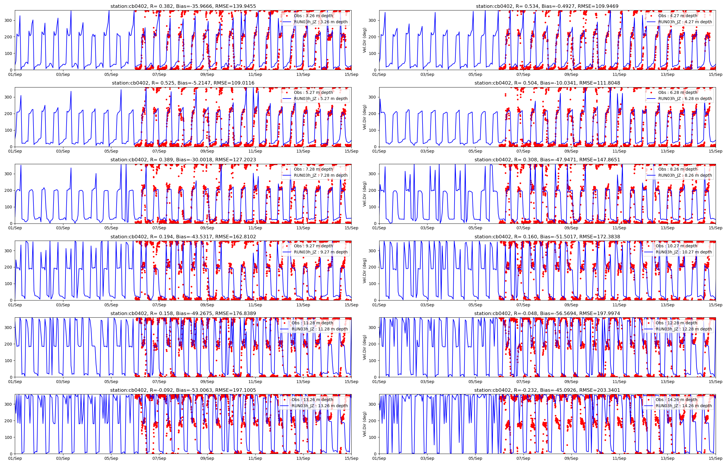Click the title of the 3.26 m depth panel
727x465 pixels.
[x=183, y=6]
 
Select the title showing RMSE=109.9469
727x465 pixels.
[x=547, y=6]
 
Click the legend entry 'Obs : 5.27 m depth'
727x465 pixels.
[x=313, y=92]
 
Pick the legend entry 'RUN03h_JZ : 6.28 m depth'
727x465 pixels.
[x=685, y=99]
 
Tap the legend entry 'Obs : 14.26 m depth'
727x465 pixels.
[x=676, y=400]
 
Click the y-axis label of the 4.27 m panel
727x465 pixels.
[x=365, y=40]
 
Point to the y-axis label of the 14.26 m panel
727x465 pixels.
[x=365, y=424]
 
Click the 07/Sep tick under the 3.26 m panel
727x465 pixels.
[x=159, y=75]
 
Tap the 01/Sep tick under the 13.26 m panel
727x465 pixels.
[x=15, y=458]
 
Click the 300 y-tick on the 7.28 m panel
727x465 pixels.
[x=8, y=174]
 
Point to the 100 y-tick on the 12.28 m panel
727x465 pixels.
[x=373, y=361]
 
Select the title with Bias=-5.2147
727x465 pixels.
[x=183, y=83]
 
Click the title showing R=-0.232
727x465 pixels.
[x=547, y=390]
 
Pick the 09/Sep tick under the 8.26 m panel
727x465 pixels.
[x=571, y=228]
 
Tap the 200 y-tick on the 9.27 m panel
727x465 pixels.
[x=8, y=267]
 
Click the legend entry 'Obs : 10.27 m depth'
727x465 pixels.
[x=676, y=246]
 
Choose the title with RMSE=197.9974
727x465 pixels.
[x=547, y=313]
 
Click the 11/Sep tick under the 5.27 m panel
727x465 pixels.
[x=255, y=151]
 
